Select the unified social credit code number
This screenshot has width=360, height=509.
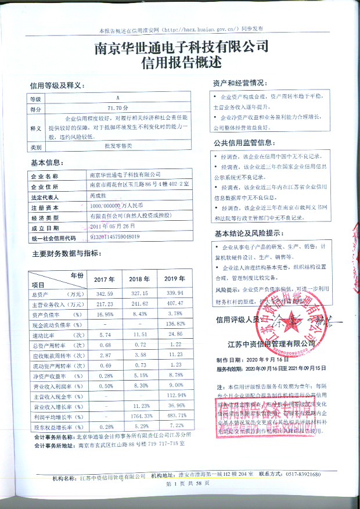[116, 237]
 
